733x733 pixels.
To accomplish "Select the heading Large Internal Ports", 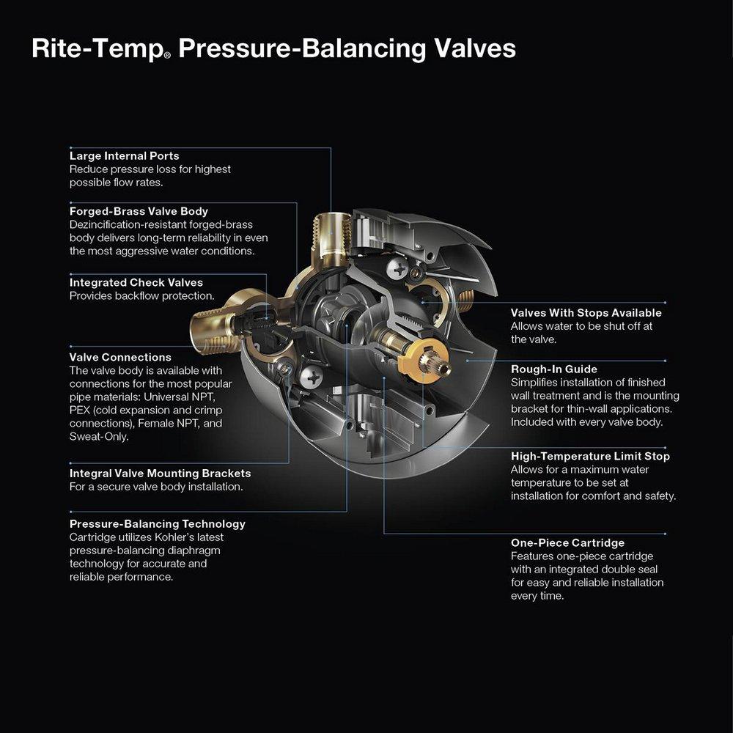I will point(124,155).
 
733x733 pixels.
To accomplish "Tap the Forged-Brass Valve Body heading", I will point(139,211).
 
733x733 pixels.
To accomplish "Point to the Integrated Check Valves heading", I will point(136,282).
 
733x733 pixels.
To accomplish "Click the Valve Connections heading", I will point(120,357).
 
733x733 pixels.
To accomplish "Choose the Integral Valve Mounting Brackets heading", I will point(160,474).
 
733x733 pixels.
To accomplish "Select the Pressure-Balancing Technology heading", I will point(157,524).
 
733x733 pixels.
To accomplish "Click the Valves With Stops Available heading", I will point(586,313).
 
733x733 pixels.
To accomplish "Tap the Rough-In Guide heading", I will point(553,369).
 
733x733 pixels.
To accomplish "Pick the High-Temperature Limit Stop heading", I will point(590,456).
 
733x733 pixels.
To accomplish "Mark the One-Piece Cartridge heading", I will point(567,542).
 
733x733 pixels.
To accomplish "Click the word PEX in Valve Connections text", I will point(80,410).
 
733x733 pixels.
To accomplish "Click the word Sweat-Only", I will point(99,436).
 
